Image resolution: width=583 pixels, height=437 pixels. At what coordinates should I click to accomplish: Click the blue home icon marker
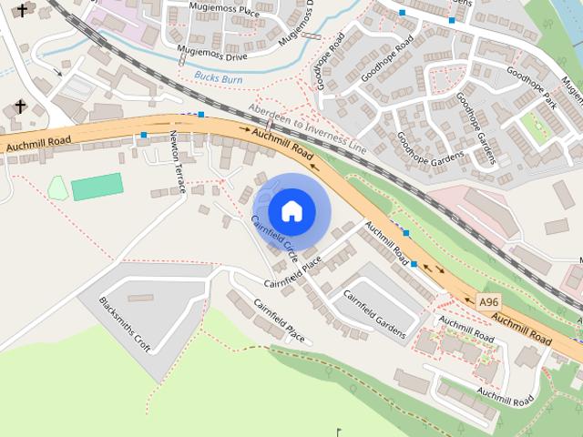[291, 211]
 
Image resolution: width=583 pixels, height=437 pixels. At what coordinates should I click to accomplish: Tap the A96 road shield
[489, 300]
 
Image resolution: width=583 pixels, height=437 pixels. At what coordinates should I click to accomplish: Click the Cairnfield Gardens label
[373, 313]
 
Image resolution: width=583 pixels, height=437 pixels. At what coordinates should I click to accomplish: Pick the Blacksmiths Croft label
[125, 325]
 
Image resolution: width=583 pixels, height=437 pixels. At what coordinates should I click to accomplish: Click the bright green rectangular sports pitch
[97, 186]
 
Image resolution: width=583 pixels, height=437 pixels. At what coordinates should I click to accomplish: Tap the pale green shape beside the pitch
[57, 188]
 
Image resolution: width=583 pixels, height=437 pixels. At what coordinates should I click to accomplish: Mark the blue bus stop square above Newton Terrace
[144, 136]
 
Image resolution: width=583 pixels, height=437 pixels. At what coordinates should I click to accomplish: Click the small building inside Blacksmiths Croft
[140, 298]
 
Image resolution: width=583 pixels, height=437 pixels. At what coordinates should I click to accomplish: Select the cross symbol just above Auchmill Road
[20, 107]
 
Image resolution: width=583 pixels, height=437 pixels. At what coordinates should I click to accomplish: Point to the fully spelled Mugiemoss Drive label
[219, 54]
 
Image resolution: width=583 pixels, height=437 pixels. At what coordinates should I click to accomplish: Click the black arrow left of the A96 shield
[438, 269]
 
